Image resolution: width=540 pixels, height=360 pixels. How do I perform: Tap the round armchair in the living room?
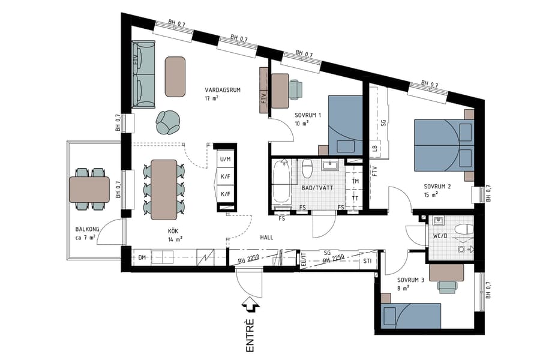click(168, 122)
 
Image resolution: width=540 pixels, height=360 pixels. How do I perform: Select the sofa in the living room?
click(143, 74)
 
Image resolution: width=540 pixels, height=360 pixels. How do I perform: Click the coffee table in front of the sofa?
click(175, 76)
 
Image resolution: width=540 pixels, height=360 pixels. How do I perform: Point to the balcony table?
click(89, 189)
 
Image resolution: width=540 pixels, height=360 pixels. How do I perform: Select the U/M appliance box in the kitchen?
click(226, 159)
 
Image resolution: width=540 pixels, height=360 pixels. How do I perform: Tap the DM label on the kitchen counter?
click(143, 258)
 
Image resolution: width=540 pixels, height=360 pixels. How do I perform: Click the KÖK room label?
click(175, 230)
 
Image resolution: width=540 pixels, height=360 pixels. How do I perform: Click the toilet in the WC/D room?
click(463, 229)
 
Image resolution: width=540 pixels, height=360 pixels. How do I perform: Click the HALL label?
click(266, 238)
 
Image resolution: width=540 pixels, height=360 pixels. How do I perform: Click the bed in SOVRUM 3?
click(411, 316)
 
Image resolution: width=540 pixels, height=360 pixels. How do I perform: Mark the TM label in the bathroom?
click(355, 181)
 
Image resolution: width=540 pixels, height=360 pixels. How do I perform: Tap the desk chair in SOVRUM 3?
click(446, 286)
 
